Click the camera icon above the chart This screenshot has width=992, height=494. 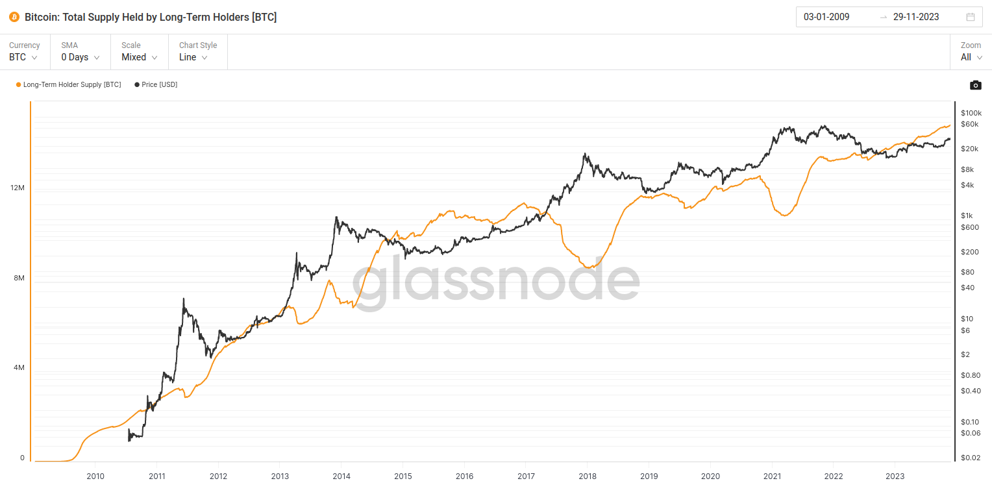(x=975, y=85)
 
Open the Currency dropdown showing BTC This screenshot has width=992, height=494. (x=23, y=57)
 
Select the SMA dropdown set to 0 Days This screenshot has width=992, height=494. (x=80, y=57)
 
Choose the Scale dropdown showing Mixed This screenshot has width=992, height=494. (x=140, y=57)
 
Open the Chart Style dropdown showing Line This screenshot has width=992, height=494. (x=193, y=57)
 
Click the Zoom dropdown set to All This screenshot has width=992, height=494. (x=971, y=57)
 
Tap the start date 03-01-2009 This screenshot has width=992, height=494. (x=826, y=17)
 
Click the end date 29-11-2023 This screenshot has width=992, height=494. (x=916, y=17)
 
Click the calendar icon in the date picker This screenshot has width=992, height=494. (x=971, y=17)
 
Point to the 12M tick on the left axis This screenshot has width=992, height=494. (x=18, y=188)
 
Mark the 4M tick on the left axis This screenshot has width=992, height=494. (x=18, y=367)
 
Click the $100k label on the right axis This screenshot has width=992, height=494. (x=971, y=113)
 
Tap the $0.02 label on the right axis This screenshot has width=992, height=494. (x=971, y=458)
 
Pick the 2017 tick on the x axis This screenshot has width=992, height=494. (x=526, y=476)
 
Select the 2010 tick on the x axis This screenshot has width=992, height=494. (x=95, y=476)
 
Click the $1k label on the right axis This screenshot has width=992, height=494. (x=967, y=216)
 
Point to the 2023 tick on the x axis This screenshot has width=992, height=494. (x=895, y=476)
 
